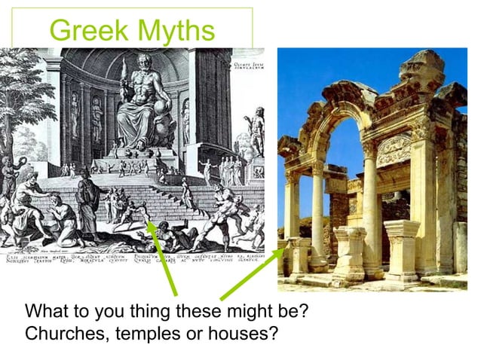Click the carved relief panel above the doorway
pos(394,149)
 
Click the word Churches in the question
pos(64,331)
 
